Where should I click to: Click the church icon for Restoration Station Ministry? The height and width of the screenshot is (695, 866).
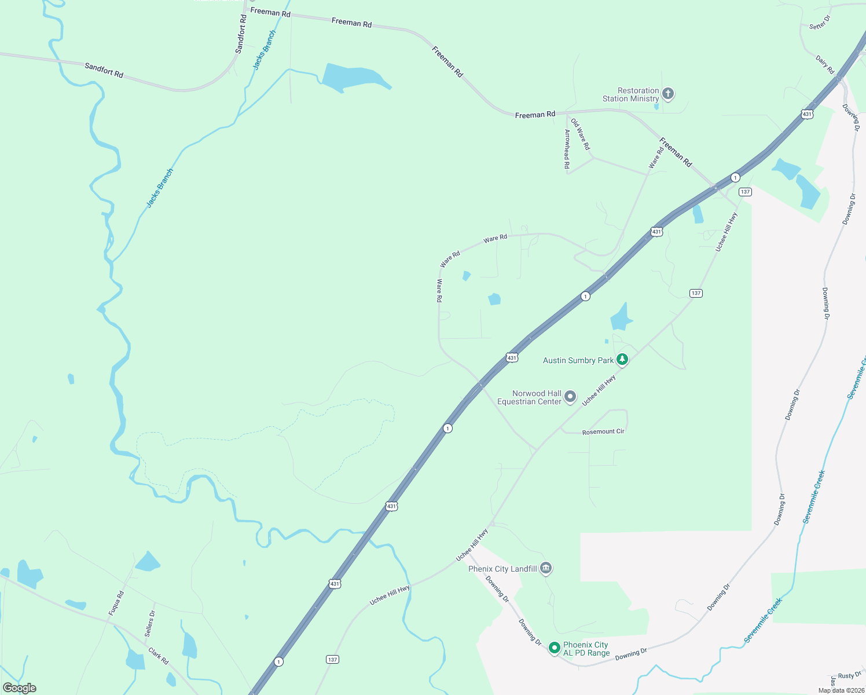[668, 93]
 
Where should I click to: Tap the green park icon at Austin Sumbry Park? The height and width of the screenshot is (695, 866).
[622, 360]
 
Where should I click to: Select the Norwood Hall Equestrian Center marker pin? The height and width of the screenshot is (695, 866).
[570, 397]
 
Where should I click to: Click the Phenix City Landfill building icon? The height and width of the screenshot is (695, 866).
[545, 568]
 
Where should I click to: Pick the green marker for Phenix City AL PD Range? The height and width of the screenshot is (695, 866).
[554, 648]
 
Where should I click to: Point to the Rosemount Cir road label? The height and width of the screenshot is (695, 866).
[603, 431]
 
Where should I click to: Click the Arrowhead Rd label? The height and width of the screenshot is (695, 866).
[567, 149]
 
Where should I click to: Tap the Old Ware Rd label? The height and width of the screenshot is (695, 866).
[580, 134]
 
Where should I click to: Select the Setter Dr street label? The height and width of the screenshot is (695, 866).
[820, 23]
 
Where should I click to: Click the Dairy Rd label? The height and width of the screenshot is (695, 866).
[825, 64]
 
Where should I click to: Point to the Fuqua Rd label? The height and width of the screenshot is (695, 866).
[116, 603]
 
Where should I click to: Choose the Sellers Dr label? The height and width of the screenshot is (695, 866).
[150, 624]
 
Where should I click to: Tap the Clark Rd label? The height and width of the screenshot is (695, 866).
[158, 656]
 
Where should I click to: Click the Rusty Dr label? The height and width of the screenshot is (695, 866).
[850, 675]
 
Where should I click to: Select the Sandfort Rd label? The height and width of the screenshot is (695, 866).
[104, 70]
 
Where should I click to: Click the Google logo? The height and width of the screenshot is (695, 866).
[20, 688]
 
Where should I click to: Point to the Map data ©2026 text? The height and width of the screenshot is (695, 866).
[839, 690]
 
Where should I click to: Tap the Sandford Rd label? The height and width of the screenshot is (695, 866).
[241, 34]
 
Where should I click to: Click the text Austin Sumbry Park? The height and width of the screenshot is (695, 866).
[578, 360]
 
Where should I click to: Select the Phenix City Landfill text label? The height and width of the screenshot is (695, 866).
[502, 569]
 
